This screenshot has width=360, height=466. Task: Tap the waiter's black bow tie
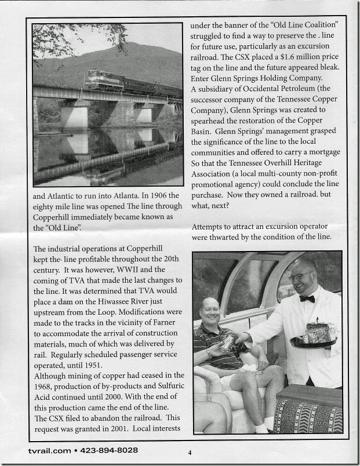click(x=307, y=298)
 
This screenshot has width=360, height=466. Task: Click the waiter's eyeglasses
click(x=300, y=276)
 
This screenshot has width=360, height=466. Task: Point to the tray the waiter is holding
click(x=314, y=343)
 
